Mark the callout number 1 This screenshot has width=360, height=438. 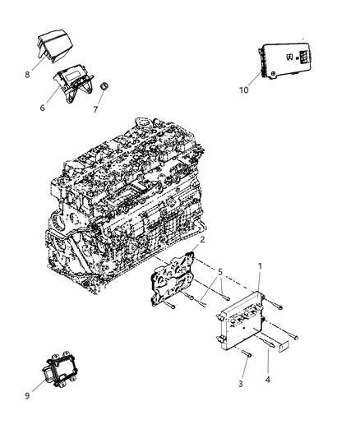coord(261,288)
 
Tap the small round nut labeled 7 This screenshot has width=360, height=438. coord(105,87)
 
